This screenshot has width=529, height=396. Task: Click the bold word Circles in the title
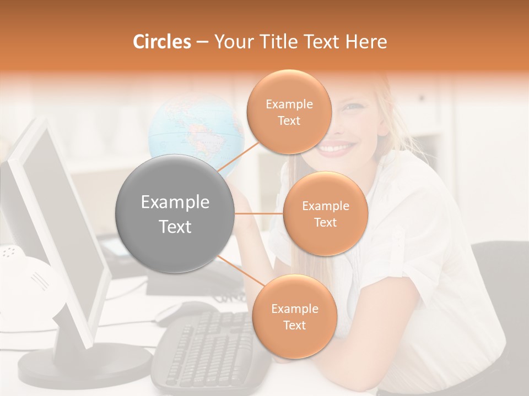(162, 42)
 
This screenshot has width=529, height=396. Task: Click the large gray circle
(175, 213)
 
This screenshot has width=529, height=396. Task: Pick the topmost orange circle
(289, 112)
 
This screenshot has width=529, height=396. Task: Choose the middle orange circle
(325, 213)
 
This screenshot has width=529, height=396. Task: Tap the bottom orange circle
(294, 316)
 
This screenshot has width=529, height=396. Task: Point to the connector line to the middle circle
(259, 213)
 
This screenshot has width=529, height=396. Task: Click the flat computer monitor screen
(66, 231)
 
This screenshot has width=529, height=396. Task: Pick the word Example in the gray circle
(175, 202)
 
